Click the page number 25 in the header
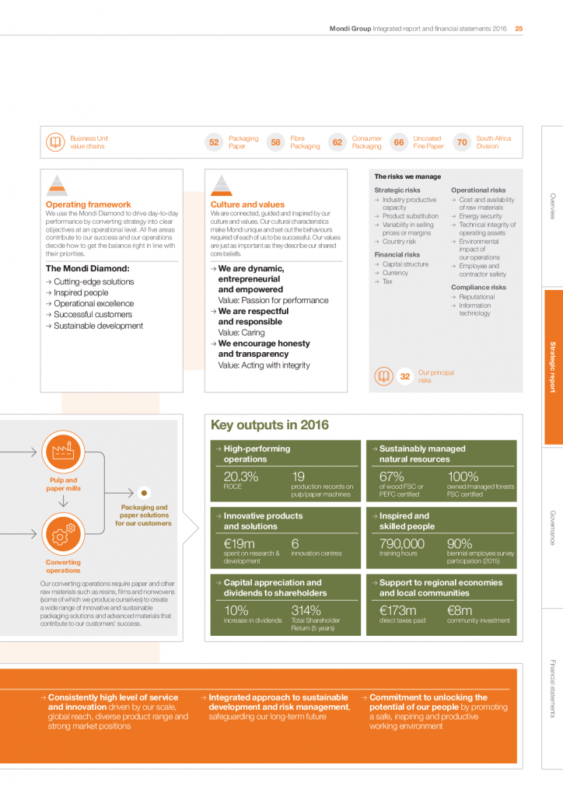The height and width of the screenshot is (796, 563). [x=519, y=29]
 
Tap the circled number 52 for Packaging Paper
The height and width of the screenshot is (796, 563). [x=214, y=142]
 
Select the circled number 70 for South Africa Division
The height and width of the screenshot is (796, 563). [x=462, y=142]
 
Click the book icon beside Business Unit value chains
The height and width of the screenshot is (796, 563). [x=55, y=142]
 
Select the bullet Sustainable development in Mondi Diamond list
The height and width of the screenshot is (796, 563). [x=98, y=326]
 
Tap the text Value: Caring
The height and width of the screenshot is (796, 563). [x=243, y=332]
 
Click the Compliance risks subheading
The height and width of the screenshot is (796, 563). [x=478, y=288]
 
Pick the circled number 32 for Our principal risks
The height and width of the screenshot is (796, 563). [x=404, y=377]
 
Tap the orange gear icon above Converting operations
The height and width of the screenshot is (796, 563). [x=62, y=535]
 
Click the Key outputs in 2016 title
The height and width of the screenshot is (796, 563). [x=269, y=425]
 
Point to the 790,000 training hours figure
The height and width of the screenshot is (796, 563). [x=401, y=544]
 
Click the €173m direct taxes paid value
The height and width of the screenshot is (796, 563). [x=397, y=610]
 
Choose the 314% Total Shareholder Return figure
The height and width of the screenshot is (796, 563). [x=306, y=610]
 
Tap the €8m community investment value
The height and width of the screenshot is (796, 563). [x=460, y=610]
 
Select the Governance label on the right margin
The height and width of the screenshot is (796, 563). [x=552, y=528]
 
